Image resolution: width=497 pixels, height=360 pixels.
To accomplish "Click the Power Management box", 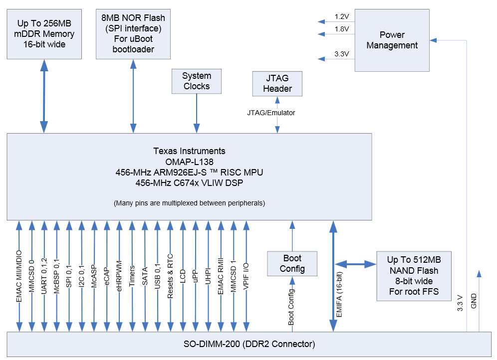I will tap(392, 40).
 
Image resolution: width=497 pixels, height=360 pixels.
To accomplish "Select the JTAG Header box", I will tap(277, 83).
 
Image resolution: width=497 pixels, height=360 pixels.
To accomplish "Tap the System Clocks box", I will tap(197, 81).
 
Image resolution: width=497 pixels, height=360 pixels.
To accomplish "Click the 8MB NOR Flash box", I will tap(133, 33).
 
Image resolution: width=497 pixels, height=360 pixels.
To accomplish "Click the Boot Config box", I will tap(292, 263).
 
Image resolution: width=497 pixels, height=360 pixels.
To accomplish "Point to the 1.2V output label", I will tap(342, 16).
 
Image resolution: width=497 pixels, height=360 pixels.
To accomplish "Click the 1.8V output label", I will tap(342, 29).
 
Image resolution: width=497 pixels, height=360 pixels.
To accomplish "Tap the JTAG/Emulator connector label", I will tap(271, 113).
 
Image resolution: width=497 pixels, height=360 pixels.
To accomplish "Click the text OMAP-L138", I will tap(189, 162).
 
